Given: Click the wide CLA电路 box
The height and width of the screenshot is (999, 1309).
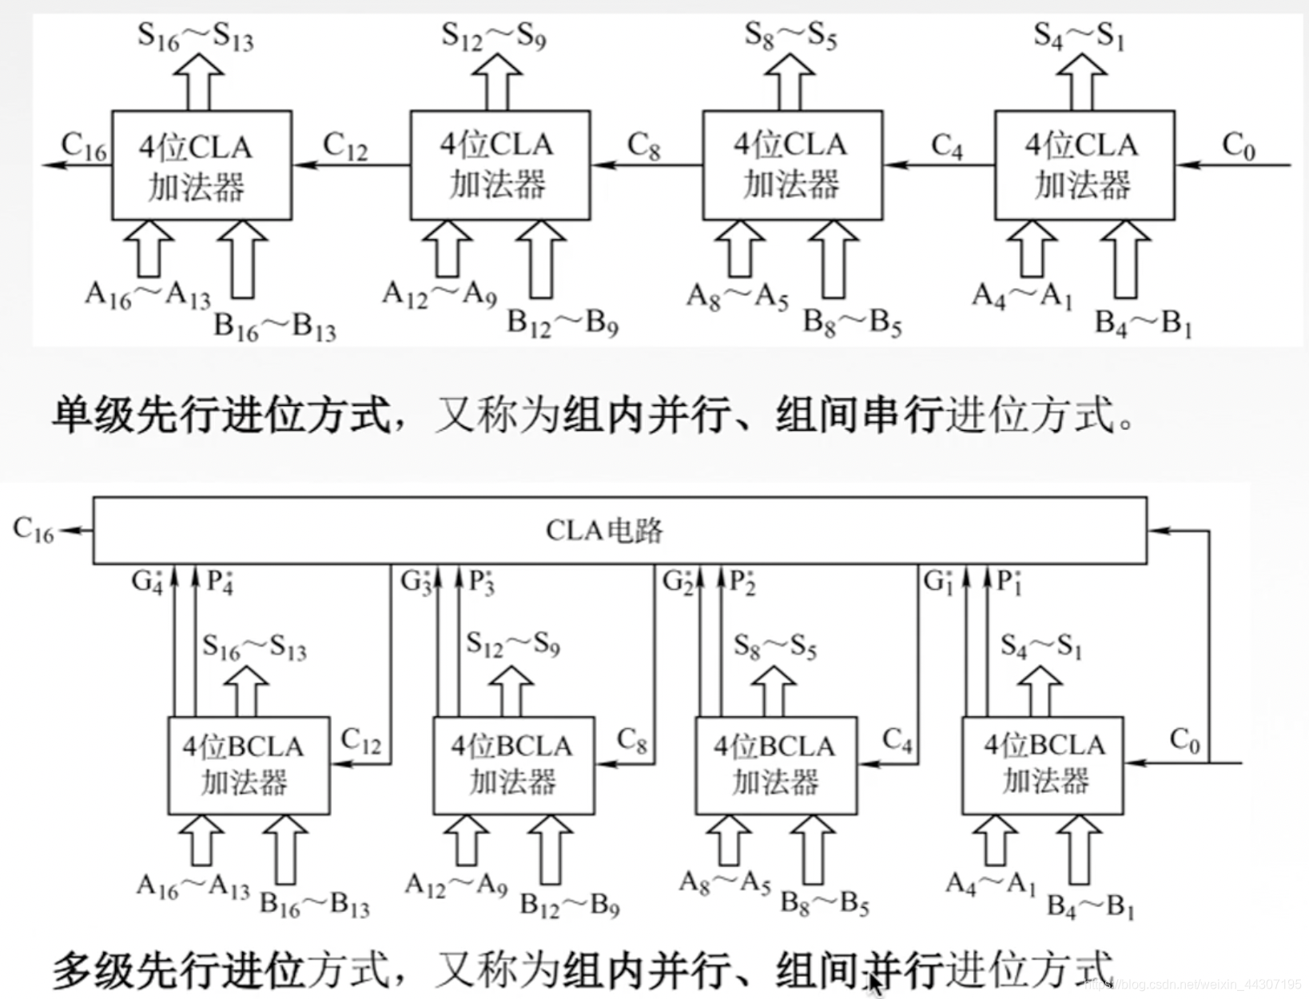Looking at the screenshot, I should (619, 530).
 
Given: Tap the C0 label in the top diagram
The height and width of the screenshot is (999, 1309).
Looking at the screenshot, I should (1238, 146).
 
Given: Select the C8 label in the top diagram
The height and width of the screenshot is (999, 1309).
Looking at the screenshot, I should (643, 146).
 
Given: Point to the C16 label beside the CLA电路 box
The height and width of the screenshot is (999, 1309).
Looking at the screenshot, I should (34, 530).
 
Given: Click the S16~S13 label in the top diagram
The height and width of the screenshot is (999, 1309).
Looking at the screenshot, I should (195, 36).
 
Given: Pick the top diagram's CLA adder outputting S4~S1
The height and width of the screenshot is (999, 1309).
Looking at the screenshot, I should (1084, 165).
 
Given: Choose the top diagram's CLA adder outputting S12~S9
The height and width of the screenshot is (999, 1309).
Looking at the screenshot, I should (499, 165).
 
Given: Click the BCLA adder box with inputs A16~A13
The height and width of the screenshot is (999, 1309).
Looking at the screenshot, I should (248, 765).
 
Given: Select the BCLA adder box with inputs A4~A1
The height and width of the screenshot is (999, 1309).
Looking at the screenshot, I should (1042, 765).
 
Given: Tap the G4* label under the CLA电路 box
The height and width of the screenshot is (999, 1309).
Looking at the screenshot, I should (148, 581).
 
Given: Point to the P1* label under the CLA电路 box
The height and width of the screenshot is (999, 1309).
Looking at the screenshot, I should (1009, 581).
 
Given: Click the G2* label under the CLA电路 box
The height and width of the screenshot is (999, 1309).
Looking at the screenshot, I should (678, 581).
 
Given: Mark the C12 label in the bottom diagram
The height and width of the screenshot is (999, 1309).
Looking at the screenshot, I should (360, 741).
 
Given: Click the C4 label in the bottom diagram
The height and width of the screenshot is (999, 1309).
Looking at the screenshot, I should (897, 741).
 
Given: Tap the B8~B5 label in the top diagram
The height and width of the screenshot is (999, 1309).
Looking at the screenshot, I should (852, 323).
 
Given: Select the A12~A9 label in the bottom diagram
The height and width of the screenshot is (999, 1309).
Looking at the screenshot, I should (456, 886).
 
